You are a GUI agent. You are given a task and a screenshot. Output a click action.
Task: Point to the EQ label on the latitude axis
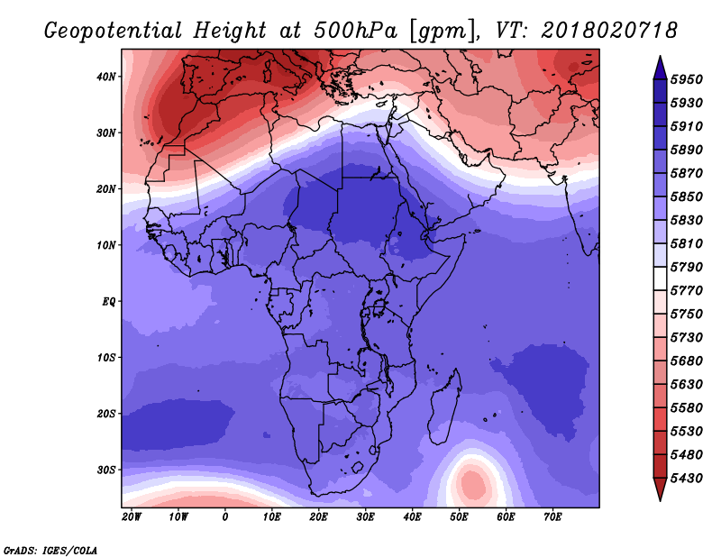point(108,301)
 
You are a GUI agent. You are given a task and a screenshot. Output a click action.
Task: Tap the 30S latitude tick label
point(106,470)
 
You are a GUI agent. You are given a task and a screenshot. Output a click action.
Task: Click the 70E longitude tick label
point(552,517)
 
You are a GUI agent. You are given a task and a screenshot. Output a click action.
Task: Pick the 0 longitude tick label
point(224,517)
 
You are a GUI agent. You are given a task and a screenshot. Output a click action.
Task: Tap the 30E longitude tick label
point(365,517)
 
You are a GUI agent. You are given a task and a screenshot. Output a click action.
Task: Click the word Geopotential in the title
point(110,32)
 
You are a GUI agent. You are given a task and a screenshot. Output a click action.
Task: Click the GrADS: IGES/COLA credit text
point(50,549)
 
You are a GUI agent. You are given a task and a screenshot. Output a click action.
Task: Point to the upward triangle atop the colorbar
point(660,67)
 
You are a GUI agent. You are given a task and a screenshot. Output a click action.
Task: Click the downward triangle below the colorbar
point(660,489)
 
